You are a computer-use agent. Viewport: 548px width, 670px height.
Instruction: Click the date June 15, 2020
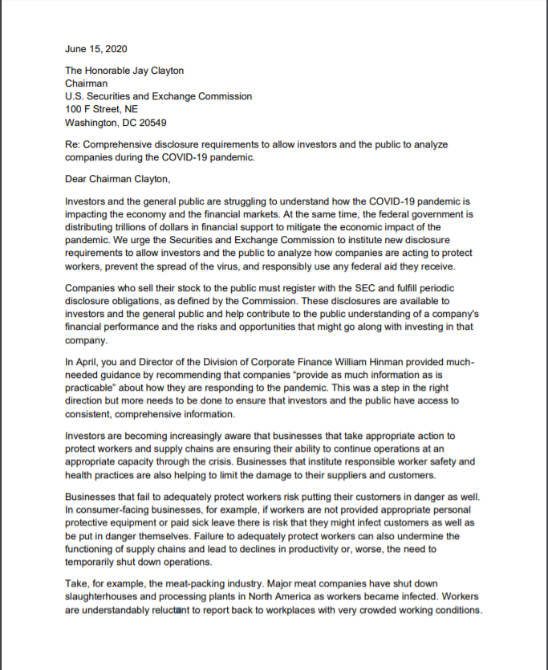pyautogui.click(x=95, y=50)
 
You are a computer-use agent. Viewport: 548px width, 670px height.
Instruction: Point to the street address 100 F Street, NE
pyautogui.click(x=101, y=109)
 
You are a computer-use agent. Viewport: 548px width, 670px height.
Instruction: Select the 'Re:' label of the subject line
pyautogui.click(x=73, y=144)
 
